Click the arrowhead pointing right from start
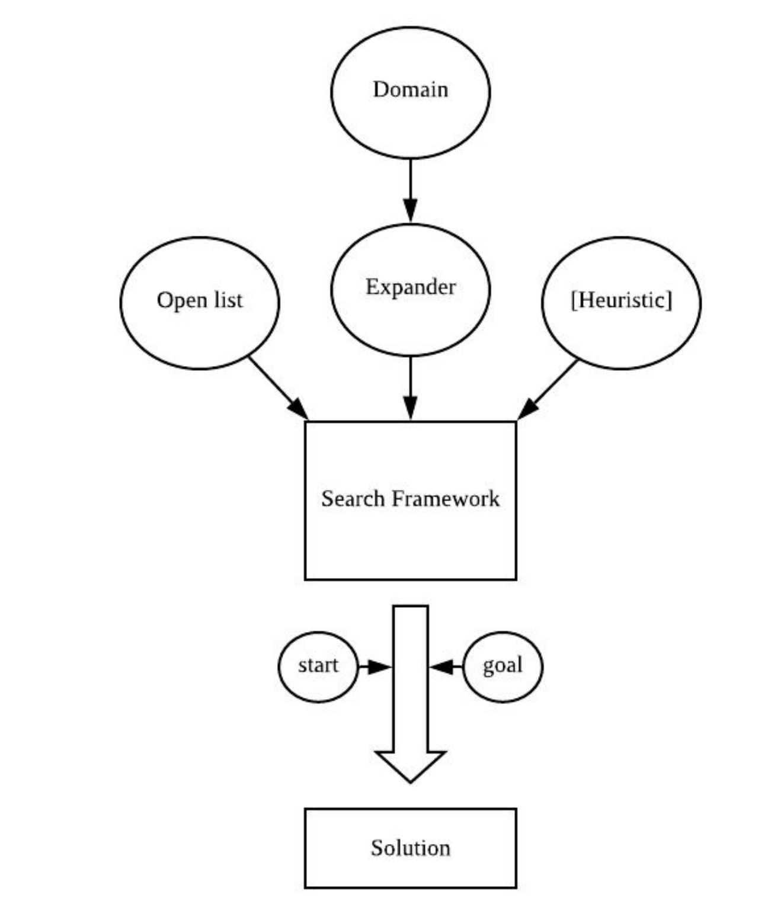click(x=377, y=666)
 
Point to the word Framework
click(x=445, y=499)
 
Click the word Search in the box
click(x=353, y=499)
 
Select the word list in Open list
click(x=228, y=300)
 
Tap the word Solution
click(x=410, y=848)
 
